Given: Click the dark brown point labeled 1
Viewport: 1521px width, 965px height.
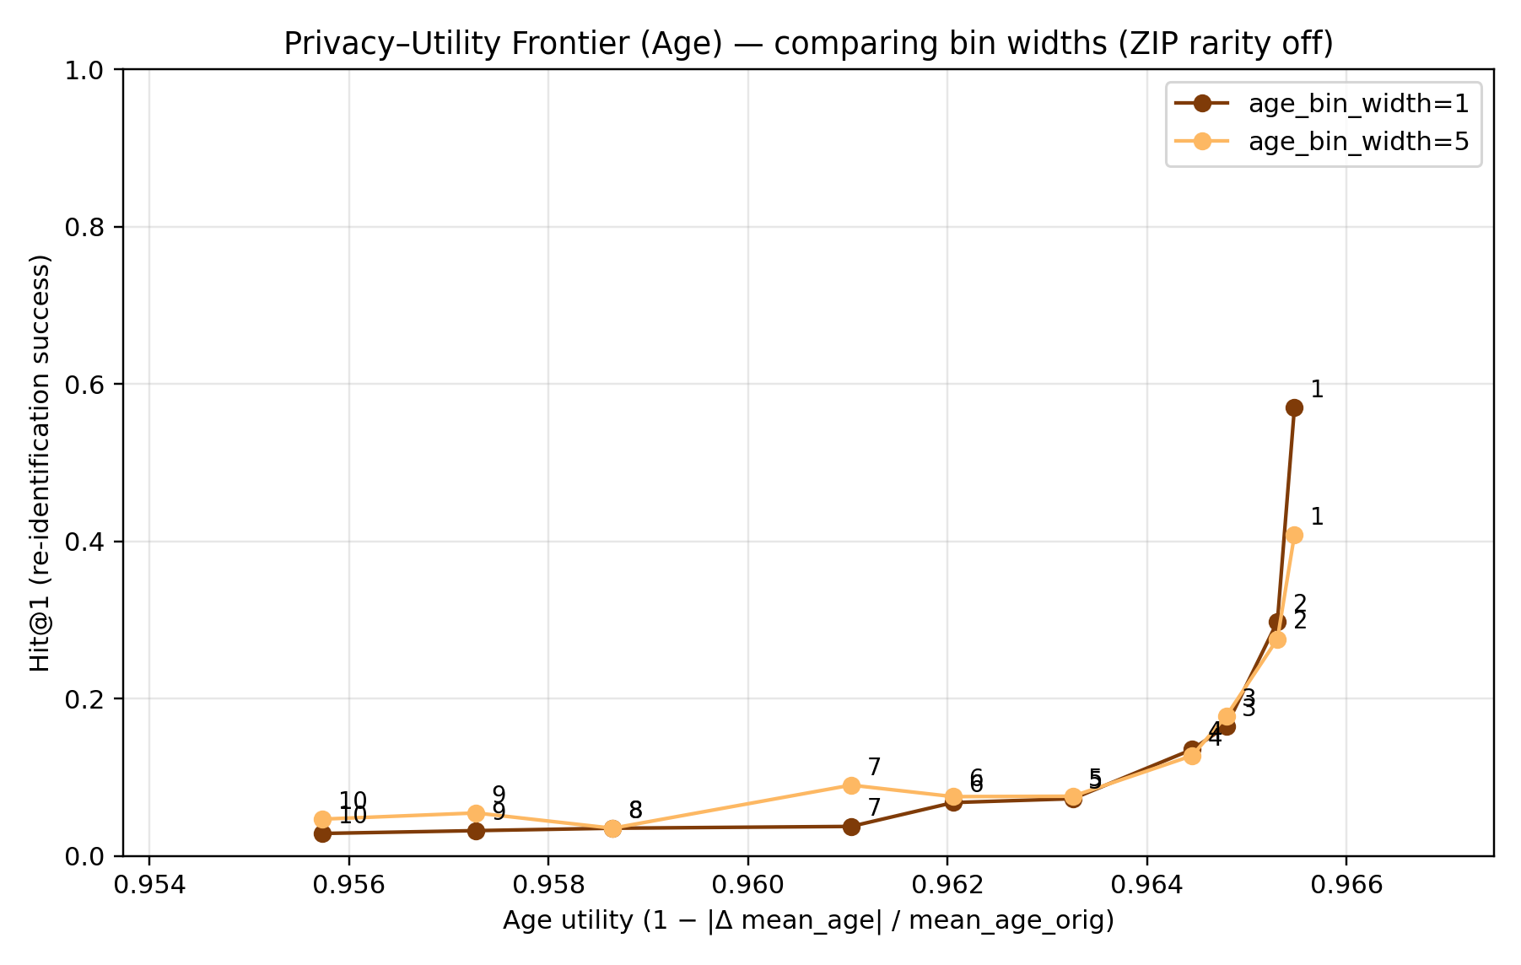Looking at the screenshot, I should coord(1294,407).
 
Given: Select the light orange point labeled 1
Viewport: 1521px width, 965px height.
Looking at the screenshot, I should coord(1294,535).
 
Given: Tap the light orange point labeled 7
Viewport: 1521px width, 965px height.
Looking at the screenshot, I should coord(851,785).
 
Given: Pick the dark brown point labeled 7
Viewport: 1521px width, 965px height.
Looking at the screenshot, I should coord(851,827).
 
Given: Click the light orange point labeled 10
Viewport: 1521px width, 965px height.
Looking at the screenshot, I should coord(322,819).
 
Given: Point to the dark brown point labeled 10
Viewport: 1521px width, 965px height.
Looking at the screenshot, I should coord(322,833).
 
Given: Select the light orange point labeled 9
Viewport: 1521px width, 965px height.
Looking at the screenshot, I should coord(476,813).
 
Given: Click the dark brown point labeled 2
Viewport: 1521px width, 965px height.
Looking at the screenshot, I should coord(1277,623).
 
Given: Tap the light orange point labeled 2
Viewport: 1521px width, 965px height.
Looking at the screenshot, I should coord(1277,639).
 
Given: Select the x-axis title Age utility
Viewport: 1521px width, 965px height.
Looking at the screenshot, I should coord(808,920).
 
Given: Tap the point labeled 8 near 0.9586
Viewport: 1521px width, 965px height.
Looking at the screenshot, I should coord(613,828).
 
